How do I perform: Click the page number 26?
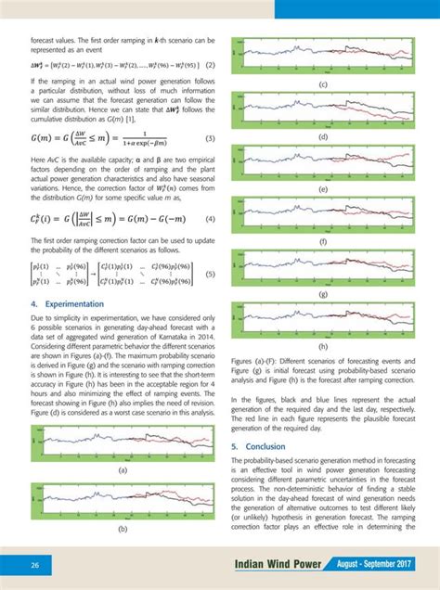(x=34, y=565)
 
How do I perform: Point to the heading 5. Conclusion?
(x=259, y=446)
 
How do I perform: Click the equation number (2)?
(x=211, y=65)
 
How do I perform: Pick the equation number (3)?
(x=210, y=139)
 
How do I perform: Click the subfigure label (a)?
(x=122, y=470)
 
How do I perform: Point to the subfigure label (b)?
(x=122, y=528)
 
